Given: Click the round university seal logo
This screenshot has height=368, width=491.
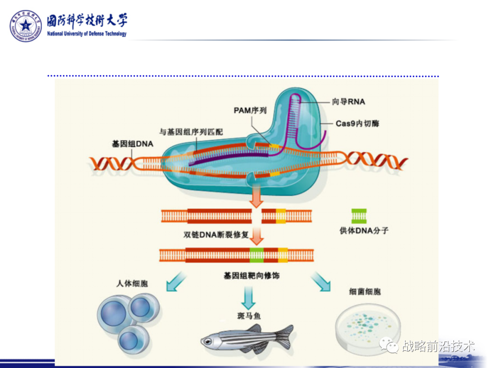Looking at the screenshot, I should pyautogui.click(x=26, y=26).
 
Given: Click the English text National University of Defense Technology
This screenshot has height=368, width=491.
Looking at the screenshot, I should pyautogui.click(x=87, y=34).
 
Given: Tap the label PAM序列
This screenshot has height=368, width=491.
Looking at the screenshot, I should pyautogui.click(x=250, y=110).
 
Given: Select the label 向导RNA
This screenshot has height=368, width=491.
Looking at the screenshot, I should pyautogui.click(x=348, y=102).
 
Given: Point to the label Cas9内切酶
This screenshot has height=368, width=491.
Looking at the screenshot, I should pyautogui.click(x=357, y=123).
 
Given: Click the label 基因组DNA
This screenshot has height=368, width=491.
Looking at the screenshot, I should pyautogui.click(x=133, y=144).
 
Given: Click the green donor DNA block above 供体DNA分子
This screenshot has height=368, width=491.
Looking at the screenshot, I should pyautogui.click(x=358, y=215).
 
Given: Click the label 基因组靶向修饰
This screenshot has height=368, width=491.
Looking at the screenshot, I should pyautogui.click(x=251, y=276).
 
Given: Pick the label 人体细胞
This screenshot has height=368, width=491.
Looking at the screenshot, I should pyautogui.click(x=132, y=283).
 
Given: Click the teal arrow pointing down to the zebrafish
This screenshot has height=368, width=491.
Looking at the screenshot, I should pyautogui.click(x=248, y=299).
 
